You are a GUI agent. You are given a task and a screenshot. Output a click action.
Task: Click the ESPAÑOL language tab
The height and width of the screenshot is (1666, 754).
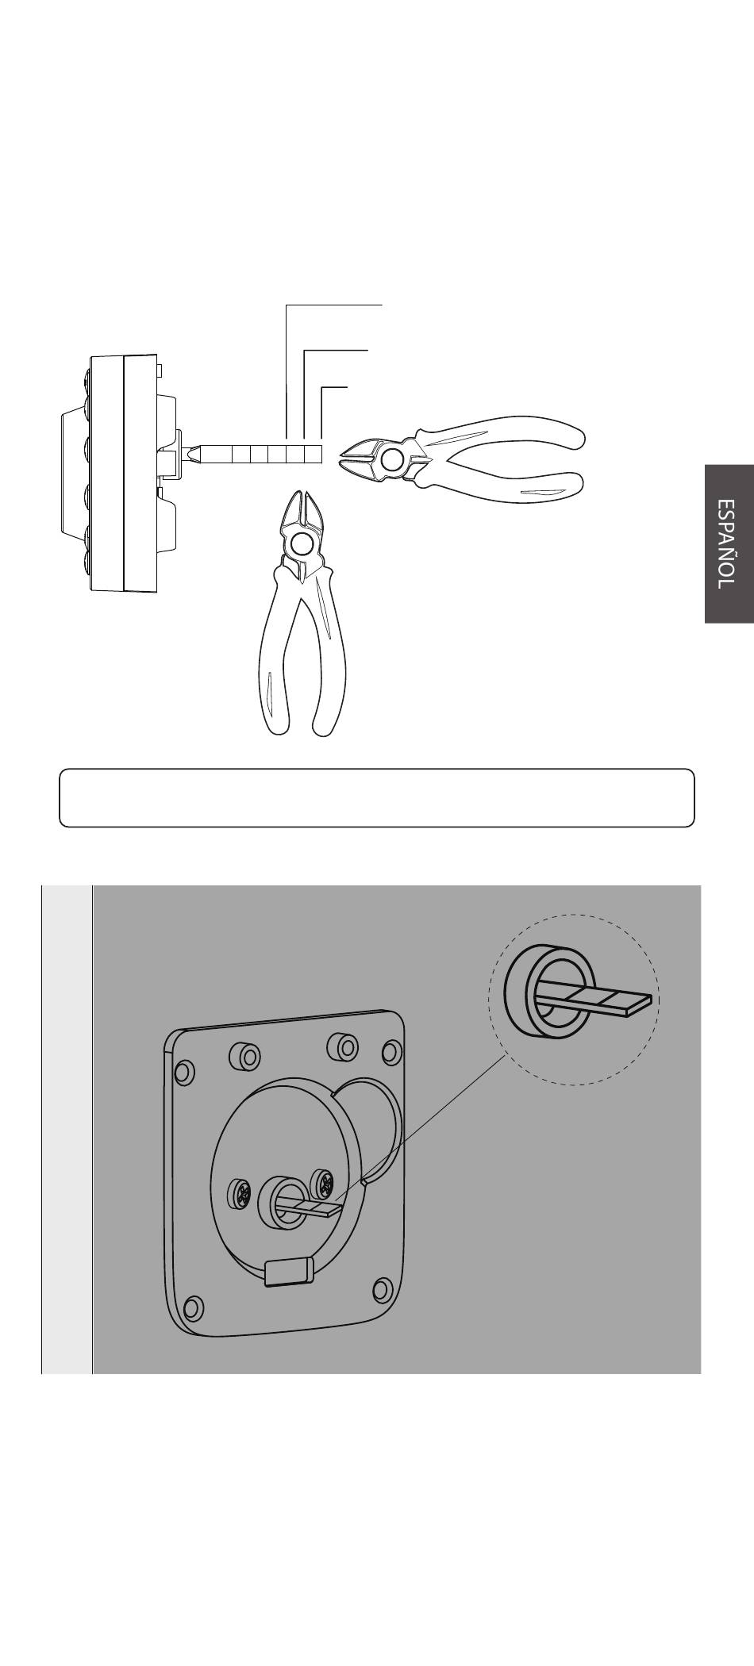729,543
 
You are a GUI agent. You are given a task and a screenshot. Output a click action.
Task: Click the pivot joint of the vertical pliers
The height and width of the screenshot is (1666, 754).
302,544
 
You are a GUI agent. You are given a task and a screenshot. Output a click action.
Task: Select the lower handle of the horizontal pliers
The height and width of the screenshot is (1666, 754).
500,484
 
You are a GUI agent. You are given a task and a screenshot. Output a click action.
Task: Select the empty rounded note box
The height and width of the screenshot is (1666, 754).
377,797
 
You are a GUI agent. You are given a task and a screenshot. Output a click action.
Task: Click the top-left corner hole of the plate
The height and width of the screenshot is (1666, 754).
183,1073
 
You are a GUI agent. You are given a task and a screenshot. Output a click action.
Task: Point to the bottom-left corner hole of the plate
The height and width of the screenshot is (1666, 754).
193,1307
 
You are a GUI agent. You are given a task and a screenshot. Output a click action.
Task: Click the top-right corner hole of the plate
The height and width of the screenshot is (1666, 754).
391,1053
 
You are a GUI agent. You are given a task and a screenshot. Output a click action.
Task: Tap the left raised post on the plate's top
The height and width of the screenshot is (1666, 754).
244,1055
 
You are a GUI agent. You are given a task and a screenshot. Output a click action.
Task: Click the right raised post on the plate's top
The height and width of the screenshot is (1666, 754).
343,1046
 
